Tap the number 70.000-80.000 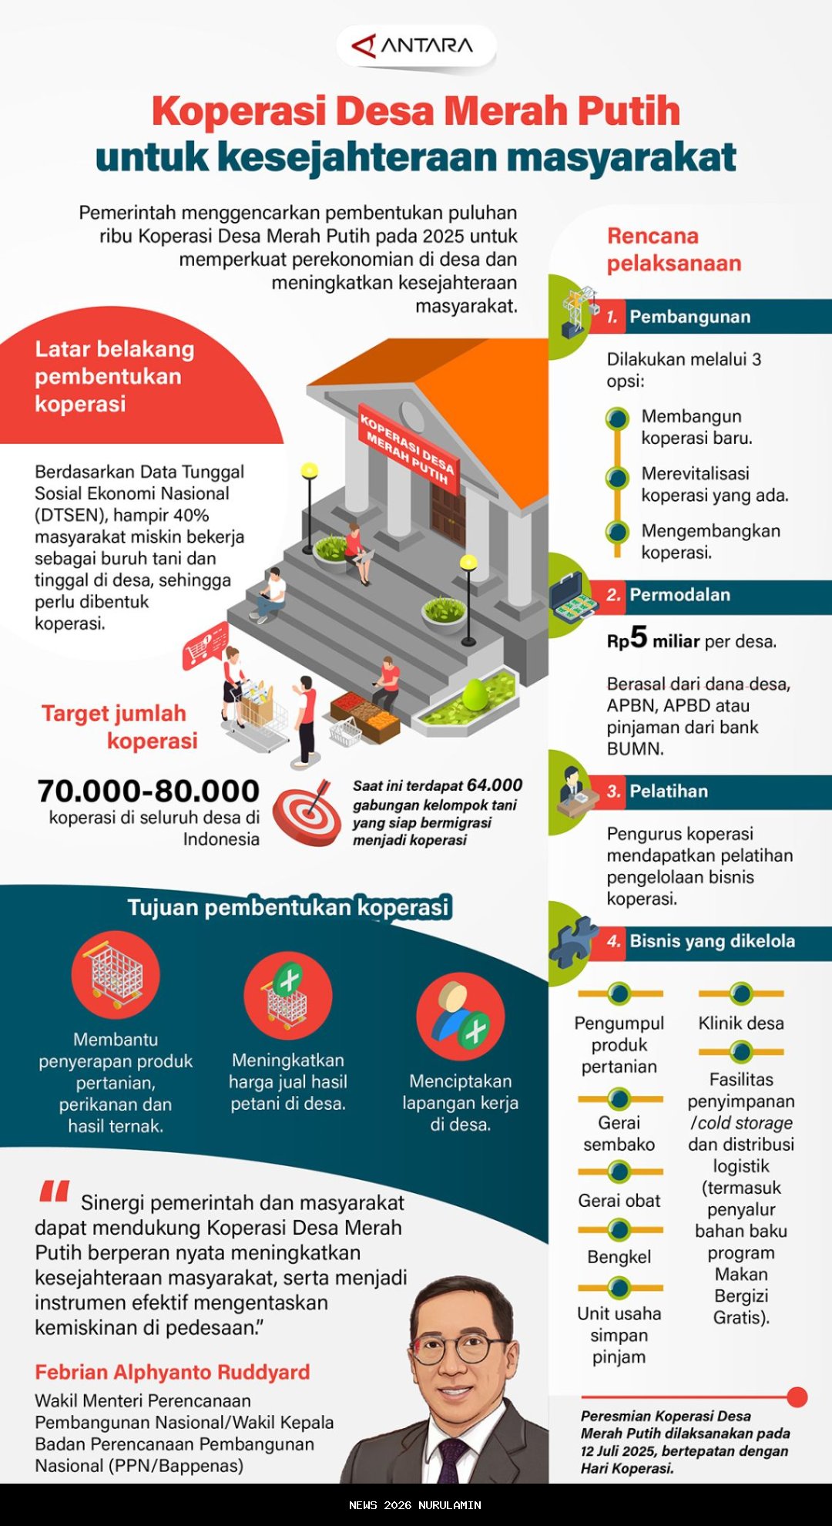click(148, 791)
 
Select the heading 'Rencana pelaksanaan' click(673, 250)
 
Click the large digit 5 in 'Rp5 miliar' click(639, 637)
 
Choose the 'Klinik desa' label click(740, 1023)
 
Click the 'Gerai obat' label click(619, 1201)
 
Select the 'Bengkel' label click(619, 1257)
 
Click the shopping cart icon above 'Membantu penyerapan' click(116, 974)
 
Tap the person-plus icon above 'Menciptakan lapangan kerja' click(460, 1017)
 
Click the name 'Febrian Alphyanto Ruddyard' click(173, 1373)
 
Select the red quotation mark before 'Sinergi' click(55, 1192)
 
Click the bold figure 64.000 click(495, 785)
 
